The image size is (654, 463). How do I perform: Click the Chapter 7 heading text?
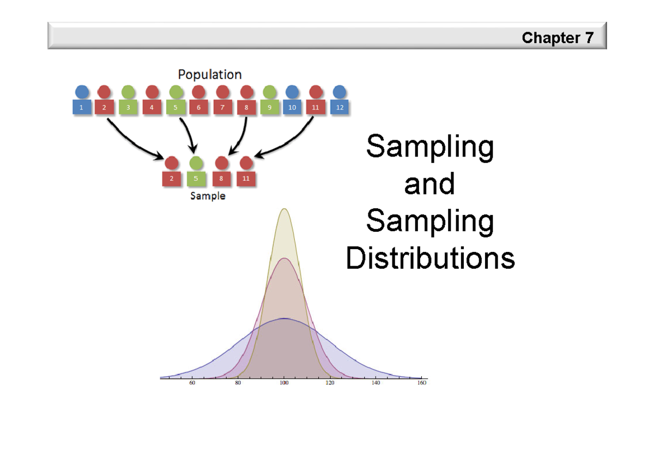558,38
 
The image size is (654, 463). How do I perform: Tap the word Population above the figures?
210,75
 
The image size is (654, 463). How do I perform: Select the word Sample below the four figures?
208,196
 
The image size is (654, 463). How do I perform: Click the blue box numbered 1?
82,107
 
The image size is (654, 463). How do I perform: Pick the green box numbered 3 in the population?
128,107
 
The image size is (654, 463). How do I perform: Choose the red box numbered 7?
222,107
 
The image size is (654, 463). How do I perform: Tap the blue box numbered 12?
340,107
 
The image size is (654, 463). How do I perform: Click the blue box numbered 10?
292,107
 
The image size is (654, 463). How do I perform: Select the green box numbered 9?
269,107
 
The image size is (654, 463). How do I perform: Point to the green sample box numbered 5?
196,178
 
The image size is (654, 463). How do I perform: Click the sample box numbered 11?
246,178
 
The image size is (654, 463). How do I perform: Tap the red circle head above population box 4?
152,92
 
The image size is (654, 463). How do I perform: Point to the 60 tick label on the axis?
192,383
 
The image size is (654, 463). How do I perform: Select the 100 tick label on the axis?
284,383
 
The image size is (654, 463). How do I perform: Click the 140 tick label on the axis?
376,383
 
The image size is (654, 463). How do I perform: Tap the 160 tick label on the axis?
422,383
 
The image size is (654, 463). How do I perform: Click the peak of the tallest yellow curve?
284,208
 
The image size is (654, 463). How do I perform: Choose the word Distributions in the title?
431,257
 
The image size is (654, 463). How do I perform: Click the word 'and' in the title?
429,183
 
